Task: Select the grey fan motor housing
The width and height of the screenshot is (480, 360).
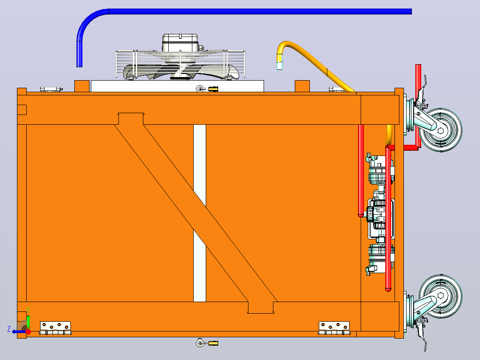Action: [180, 43]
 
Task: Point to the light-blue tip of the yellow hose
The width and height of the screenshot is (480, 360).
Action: [280, 66]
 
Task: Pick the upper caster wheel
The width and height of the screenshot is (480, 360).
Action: [440, 130]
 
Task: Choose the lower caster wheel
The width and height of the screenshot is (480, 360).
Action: [440, 296]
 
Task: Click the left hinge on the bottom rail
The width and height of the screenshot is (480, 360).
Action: [55, 328]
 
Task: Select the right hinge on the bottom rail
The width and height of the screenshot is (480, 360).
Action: [334, 328]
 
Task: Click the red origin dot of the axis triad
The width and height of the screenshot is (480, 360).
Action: [28, 331]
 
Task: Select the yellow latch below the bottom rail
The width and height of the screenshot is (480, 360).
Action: [213, 343]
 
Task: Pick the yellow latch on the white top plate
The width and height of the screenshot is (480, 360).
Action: [213, 89]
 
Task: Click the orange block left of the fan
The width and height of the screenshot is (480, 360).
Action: [82, 86]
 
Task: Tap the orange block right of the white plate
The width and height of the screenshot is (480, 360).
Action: [302, 86]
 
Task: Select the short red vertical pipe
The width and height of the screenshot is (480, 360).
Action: [361, 171]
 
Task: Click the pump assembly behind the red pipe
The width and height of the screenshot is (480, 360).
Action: [379, 214]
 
